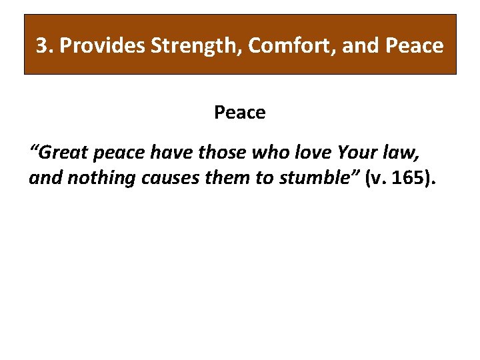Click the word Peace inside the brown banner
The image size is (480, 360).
click(415, 46)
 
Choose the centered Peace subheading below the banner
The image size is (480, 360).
click(239, 113)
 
